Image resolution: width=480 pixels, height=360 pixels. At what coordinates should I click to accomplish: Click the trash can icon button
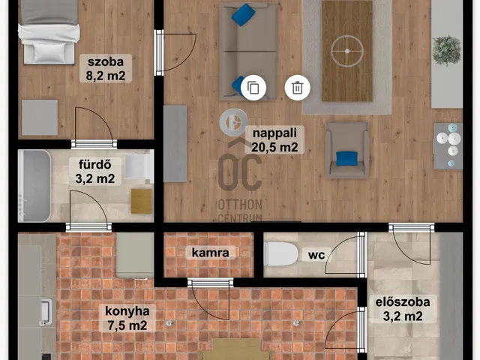pos(298,88)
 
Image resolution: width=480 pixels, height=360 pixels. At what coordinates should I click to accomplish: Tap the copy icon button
pos(253,88)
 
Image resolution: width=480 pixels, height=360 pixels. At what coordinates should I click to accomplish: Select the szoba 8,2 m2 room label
pos(106,68)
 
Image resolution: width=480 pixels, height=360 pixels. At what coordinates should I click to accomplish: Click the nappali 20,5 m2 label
pos(274,140)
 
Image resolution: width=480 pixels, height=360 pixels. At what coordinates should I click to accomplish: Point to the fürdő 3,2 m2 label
pos(95,172)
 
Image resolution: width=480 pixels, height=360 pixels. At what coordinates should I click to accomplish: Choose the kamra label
pos(210,253)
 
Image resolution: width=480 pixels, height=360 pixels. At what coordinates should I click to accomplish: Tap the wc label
pos(316,254)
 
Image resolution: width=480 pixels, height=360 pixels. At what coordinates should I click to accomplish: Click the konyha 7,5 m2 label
pos(127,318)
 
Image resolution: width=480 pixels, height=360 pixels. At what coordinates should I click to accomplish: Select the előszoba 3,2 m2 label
pos(403,309)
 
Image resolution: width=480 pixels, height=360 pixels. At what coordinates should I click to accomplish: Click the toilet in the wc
pos(280,253)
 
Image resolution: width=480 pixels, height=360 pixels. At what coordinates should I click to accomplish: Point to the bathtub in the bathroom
pos(34,186)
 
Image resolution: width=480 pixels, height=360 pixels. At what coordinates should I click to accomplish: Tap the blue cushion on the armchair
pos(346,158)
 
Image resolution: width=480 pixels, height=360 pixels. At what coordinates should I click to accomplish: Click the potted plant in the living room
pos(447,50)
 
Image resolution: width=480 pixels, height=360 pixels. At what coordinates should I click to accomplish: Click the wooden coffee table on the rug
pos(347,51)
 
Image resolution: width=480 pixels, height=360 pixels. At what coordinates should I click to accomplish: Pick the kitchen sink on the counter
pos(45,311)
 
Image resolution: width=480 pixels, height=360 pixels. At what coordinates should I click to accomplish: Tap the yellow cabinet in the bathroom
pos(142,201)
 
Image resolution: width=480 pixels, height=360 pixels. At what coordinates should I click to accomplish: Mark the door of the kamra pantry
pos(211,299)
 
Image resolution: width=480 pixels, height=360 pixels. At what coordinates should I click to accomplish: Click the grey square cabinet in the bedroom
pos(40,118)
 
